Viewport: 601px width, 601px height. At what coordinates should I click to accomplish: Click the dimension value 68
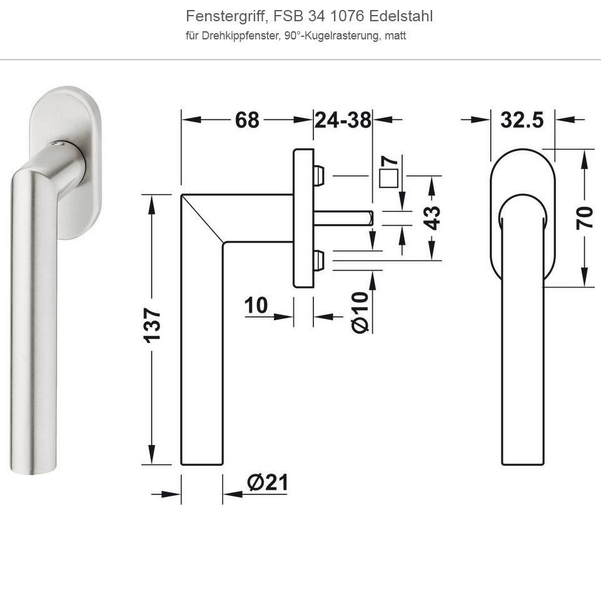point(247,119)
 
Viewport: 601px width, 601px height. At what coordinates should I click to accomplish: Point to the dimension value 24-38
point(343,119)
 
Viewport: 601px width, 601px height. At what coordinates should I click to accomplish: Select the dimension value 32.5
point(522,119)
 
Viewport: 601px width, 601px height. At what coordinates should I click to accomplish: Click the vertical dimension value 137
point(152,325)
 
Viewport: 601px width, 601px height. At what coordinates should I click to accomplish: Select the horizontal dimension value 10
point(256,305)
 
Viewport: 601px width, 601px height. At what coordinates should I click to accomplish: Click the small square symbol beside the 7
point(389,178)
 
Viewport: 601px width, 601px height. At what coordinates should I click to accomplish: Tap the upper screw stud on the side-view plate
point(319,176)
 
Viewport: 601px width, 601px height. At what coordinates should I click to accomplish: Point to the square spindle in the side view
point(344,218)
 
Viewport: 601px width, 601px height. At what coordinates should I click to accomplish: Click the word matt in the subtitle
point(395,36)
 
